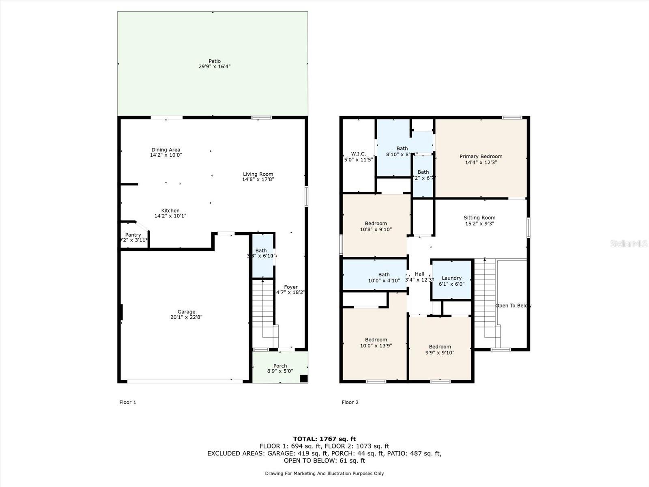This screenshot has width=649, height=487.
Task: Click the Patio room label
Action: tap(215, 61)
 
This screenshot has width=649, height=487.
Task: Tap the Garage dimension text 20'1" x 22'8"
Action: tap(186, 317)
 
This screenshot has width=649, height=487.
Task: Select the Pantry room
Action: tap(133, 237)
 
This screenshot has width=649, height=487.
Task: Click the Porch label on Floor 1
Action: tap(280, 366)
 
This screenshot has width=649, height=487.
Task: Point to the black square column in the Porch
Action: tap(303, 378)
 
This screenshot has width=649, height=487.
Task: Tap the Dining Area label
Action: tap(165, 150)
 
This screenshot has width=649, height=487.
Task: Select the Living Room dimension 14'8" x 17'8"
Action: tap(258, 179)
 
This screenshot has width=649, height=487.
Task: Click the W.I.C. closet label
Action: tap(358, 154)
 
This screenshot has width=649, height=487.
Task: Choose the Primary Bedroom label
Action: tap(481, 156)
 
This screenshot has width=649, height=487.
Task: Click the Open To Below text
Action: tap(513, 306)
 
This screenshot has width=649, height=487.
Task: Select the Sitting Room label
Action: tap(479, 218)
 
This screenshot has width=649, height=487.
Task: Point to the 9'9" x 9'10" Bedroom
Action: tap(440, 349)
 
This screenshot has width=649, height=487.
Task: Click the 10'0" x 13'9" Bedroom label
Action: tap(376, 340)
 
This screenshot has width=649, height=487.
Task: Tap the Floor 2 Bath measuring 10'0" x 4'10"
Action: tap(384, 277)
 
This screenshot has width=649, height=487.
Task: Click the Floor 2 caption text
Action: tap(350, 402)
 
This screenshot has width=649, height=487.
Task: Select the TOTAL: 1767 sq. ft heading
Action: tap(324, 439)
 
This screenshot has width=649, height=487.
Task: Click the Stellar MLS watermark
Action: tap(628, 243)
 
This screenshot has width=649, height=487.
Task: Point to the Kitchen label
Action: tap(170, 211)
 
